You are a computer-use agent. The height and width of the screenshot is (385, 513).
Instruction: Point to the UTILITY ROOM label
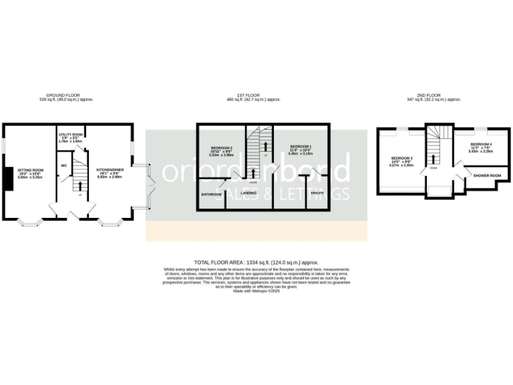click(70, 134)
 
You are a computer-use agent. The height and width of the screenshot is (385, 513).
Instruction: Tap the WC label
click(65, 165)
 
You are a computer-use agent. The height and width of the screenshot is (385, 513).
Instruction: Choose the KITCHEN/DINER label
click(108, 170)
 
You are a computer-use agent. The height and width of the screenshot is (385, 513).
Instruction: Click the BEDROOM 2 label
click(221, 147)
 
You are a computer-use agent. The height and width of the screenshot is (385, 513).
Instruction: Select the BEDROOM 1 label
click(301, 146)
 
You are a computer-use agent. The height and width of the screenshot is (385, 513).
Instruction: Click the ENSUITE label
click(317, 193)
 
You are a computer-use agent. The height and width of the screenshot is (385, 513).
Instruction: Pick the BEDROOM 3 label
click(402, 158)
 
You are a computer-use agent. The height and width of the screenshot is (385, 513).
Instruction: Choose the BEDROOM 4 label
click(481, 144)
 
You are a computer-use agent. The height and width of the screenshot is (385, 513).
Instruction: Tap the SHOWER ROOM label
click(487, 175)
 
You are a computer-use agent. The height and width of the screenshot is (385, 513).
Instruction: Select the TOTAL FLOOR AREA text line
click(256, 263)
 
